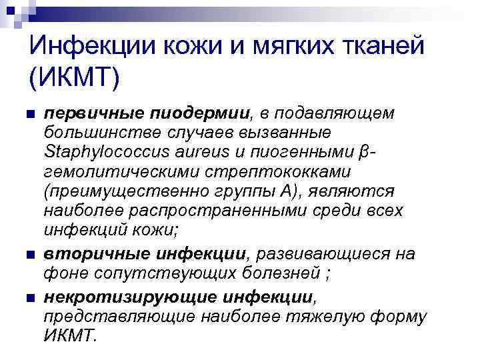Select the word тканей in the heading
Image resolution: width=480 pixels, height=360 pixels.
[x=377, y=46]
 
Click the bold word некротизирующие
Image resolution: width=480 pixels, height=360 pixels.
[x=121, y=295]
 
